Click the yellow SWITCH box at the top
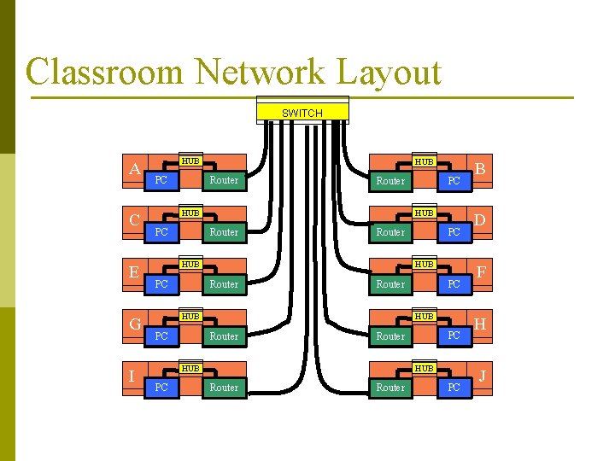[302, 113]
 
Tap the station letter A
[134, 169]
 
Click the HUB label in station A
[190, 160]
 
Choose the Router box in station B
[390, 181]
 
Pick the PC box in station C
[161, 232]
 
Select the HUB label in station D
[424, 213]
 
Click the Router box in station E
[224, 284]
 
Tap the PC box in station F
[454, 284]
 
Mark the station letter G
[135, 324]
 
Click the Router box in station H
[390, 336]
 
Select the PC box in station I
[161, 388]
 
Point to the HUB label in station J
[424, 368]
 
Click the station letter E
[134, 272]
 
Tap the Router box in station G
[224, 336]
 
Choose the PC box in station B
[454, 181]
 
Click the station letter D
[482, 220]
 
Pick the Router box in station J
[390, 388]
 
